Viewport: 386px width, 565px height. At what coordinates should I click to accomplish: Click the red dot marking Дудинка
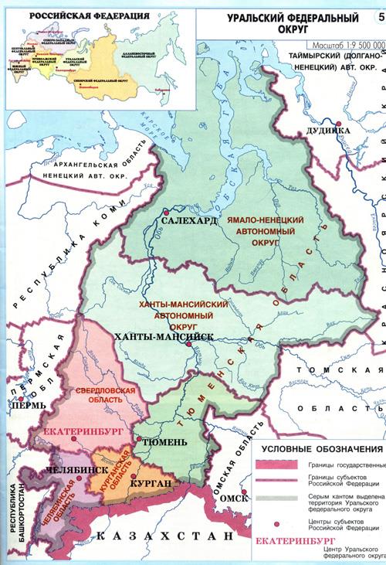pyautogui.click(x=337, y=122)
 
